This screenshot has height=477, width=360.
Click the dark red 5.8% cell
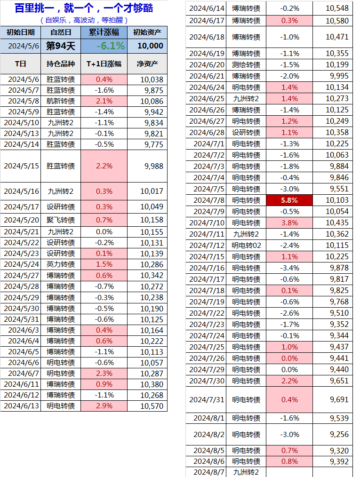point(289,200)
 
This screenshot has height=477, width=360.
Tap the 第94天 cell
point(61,46)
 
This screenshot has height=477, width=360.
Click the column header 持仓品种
point(61,64)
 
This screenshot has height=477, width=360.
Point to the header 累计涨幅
point(104,32)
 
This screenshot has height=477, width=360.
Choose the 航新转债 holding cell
point(61,101)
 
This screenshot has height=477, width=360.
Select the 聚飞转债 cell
point(61,220)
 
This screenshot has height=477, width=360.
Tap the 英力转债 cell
point(61,264)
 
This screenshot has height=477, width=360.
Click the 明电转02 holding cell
point(246,245)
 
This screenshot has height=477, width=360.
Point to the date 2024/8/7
point(209,472)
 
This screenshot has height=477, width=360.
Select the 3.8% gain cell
point(289,223)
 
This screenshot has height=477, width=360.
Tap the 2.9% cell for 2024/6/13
point(104,406)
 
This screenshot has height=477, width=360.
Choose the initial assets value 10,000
point(147,46)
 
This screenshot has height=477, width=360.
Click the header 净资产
point(147,64)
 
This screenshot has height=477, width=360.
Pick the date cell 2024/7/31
point(209,399)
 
